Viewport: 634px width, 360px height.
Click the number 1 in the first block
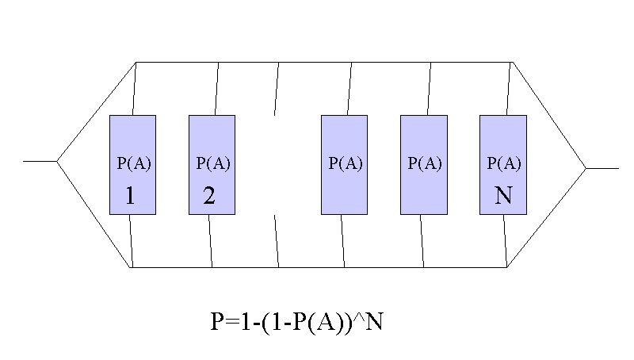pos(130,195)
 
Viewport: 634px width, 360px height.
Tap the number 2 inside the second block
pos(209,195)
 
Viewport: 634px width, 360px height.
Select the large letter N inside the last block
pos(504,195)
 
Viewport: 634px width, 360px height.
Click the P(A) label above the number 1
pos(134,163)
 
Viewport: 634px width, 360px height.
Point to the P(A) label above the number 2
pos(213,163)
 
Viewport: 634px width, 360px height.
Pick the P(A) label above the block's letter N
pos(504,163)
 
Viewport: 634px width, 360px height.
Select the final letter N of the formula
pos(374,323)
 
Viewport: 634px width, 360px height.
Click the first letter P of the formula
pos(217,323)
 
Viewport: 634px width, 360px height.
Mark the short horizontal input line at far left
pos(40,162)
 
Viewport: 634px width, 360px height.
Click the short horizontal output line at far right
pos(602,168)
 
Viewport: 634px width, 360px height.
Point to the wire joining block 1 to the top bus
pos(134,89)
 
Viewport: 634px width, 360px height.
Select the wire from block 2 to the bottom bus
pos(210,241)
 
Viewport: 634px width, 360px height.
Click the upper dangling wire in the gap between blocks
pos(277,89)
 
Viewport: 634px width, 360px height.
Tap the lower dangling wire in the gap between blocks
pos(277,241)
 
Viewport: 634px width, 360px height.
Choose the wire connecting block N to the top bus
pos(509,89)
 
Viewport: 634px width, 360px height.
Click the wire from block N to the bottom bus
pos(505,241)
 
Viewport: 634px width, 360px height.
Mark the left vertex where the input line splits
pos(57,162)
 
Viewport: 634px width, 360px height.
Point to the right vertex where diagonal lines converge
pos(586,168)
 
